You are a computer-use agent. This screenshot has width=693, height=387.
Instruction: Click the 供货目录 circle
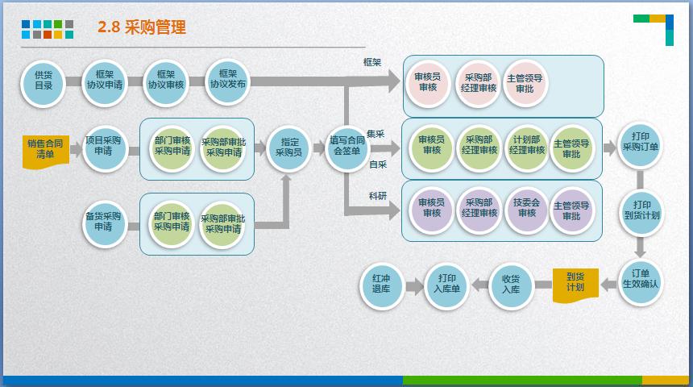tap(44, 83)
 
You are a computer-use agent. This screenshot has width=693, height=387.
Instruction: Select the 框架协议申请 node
tap(105, 83)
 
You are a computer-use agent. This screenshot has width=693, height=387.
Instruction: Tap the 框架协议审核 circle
tap(167, 83)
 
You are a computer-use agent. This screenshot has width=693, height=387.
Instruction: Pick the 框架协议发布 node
tap(228, 83)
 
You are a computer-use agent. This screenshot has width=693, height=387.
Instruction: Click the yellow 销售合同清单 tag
tap(46, 151)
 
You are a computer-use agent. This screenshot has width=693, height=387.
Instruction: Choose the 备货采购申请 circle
tap(104, 223)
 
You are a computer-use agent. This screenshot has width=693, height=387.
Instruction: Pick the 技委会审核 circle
tap(527, 210)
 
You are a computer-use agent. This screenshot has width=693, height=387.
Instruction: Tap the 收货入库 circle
tap(511, 285)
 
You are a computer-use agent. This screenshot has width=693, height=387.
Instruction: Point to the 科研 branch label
tap(378, 196)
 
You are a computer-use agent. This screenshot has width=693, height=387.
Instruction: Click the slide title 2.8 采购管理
tap(142, 27)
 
